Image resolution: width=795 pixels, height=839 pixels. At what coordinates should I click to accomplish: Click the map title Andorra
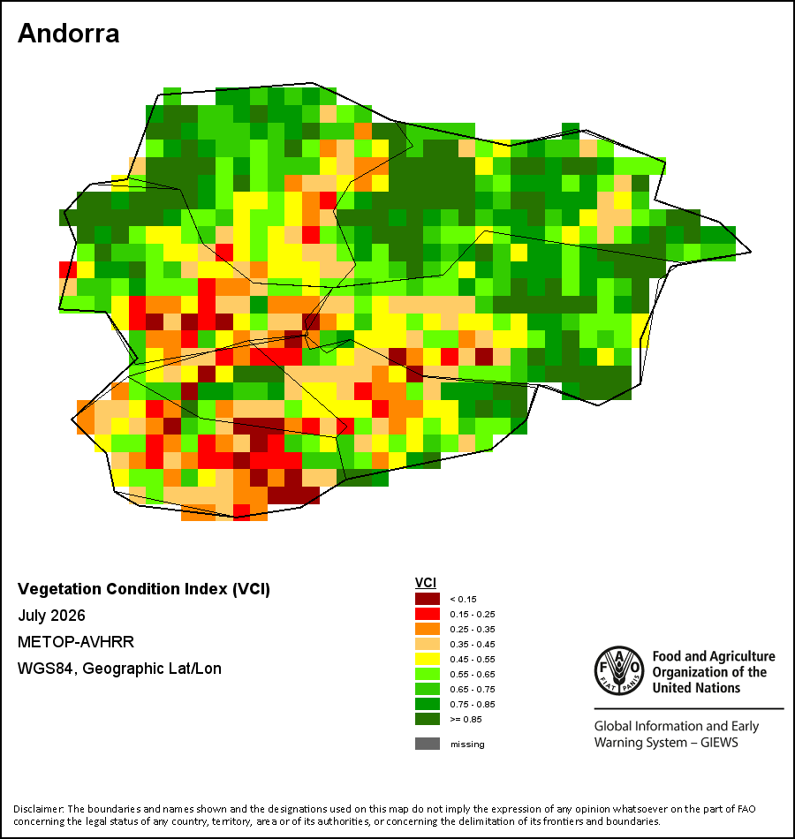[x=69, y=34]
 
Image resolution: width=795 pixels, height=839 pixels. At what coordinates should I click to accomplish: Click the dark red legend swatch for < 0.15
[x=428, y=599]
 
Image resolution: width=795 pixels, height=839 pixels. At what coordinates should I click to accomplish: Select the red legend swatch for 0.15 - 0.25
[x=428, y=614]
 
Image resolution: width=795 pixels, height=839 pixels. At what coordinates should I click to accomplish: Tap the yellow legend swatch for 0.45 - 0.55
[x=428, y=659]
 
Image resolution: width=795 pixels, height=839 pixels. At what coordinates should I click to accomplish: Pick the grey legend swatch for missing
[x=428, y=744]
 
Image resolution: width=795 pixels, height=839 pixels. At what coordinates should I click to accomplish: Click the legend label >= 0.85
[x=466, y=719]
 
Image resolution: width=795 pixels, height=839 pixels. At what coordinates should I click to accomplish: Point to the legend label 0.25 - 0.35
[x=473, y=629]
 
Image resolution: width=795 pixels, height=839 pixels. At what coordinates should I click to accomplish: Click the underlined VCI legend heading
[x=426, y=583]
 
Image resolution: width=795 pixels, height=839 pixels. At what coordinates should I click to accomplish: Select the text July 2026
[x=51, y=616]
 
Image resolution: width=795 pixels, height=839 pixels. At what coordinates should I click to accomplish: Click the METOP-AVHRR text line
[x=76, y=641]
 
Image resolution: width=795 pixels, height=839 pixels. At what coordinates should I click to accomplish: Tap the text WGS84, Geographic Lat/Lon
[x=119, y=669]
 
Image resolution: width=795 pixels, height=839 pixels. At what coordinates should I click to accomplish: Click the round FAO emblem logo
[x=619, y=671]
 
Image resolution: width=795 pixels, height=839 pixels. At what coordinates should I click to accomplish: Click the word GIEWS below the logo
[x=720, y=743]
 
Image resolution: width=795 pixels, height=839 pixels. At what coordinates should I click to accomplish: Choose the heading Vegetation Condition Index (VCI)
[x=144, y=589]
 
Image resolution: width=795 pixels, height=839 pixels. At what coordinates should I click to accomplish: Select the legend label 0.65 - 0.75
[x=473, y=689]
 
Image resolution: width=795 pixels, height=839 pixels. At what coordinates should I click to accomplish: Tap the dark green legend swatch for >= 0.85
[x=428, y=719]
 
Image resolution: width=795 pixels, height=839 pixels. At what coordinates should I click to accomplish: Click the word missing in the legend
[x=467, y=745]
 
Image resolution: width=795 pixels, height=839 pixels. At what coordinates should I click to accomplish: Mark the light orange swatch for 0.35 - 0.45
[x=428, y=644]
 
